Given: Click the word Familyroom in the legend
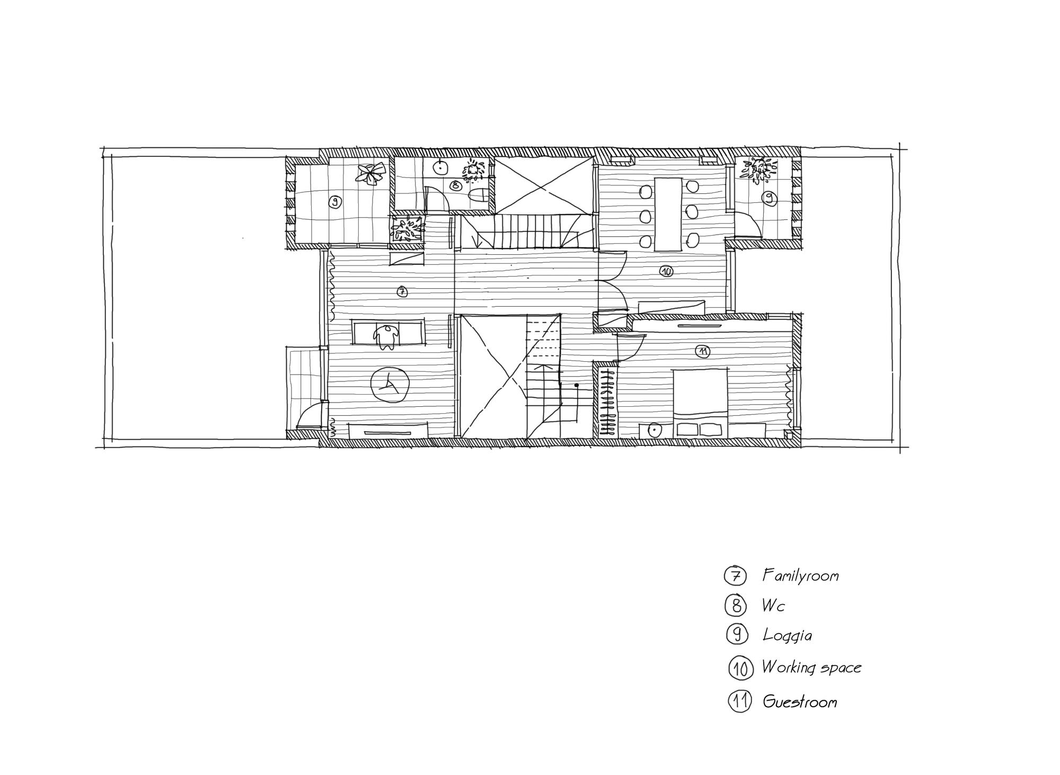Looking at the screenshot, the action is click(800, 575).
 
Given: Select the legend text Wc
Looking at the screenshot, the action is click(773, 605).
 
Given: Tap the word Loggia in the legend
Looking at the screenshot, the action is click(787, 635).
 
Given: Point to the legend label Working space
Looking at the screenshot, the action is click(811, 667).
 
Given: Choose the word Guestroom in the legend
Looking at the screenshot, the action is click(800, 702).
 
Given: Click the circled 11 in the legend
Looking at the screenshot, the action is click(740, 701).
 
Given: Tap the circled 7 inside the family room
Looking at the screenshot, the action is click(402, 291).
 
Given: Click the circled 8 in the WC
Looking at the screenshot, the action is click(455, 185).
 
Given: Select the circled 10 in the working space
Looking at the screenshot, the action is click(666, 271).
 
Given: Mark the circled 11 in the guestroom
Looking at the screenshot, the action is click(702, 351).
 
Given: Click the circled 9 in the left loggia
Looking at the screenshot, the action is click(334, 202).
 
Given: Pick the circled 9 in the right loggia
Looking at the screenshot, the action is click(768, 199).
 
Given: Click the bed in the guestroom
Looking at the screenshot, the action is click(700, 403).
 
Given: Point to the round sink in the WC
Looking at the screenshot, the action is click(440, 167).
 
